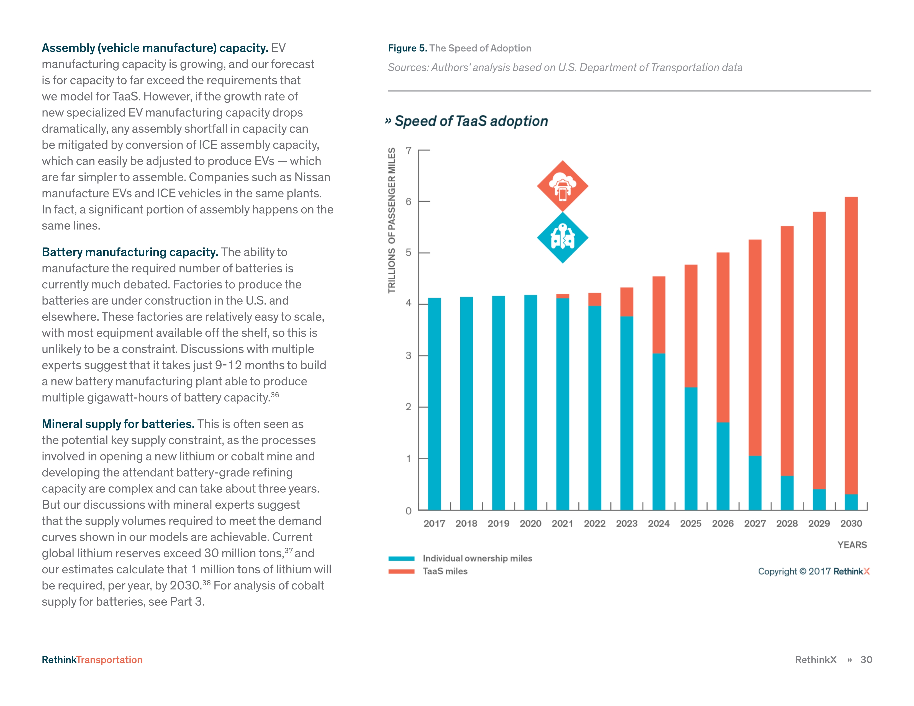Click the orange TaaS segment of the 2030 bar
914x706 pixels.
point(851,345)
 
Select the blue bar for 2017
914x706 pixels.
point(434,404)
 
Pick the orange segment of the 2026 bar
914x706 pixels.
point(723,337)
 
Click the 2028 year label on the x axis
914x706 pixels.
point(787,523)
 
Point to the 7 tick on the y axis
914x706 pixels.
point(409,151)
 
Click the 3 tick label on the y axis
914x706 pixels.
point(409,355)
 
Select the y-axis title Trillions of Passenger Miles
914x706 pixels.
point(392,220)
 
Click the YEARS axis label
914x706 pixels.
point(852,545)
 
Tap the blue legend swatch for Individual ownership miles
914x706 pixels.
point(401,558)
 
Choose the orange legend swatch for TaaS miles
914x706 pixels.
point(401,571)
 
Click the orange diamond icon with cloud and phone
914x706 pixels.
point(563,186)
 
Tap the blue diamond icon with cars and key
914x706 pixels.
point(563,237)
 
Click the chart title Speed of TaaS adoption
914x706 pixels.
point(471,121)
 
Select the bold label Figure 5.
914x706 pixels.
point(407,48)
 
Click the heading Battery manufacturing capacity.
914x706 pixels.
point(130,252)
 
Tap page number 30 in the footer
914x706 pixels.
point(866,659)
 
